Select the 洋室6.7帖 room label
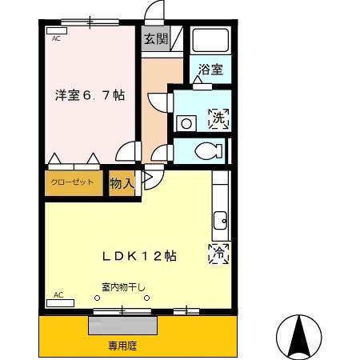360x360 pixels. click(x=90, y=94)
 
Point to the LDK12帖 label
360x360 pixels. click(x=138, y=256)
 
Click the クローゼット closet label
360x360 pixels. click(x=74, y=182)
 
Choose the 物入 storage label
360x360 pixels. click(x=121, y=184)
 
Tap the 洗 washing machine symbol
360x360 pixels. click(x=218, y=119)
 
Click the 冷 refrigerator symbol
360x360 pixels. click(x=218, y=254)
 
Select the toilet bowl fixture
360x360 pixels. click(x=210, y=150)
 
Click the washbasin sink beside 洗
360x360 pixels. click(x=186, y=122)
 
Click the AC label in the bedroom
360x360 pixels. click(x=56, y=38)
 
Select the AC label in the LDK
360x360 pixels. click(x=58, y=295)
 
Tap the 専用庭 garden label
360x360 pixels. click(x=123, y=346)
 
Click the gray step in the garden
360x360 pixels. click(x=122, y=326)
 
